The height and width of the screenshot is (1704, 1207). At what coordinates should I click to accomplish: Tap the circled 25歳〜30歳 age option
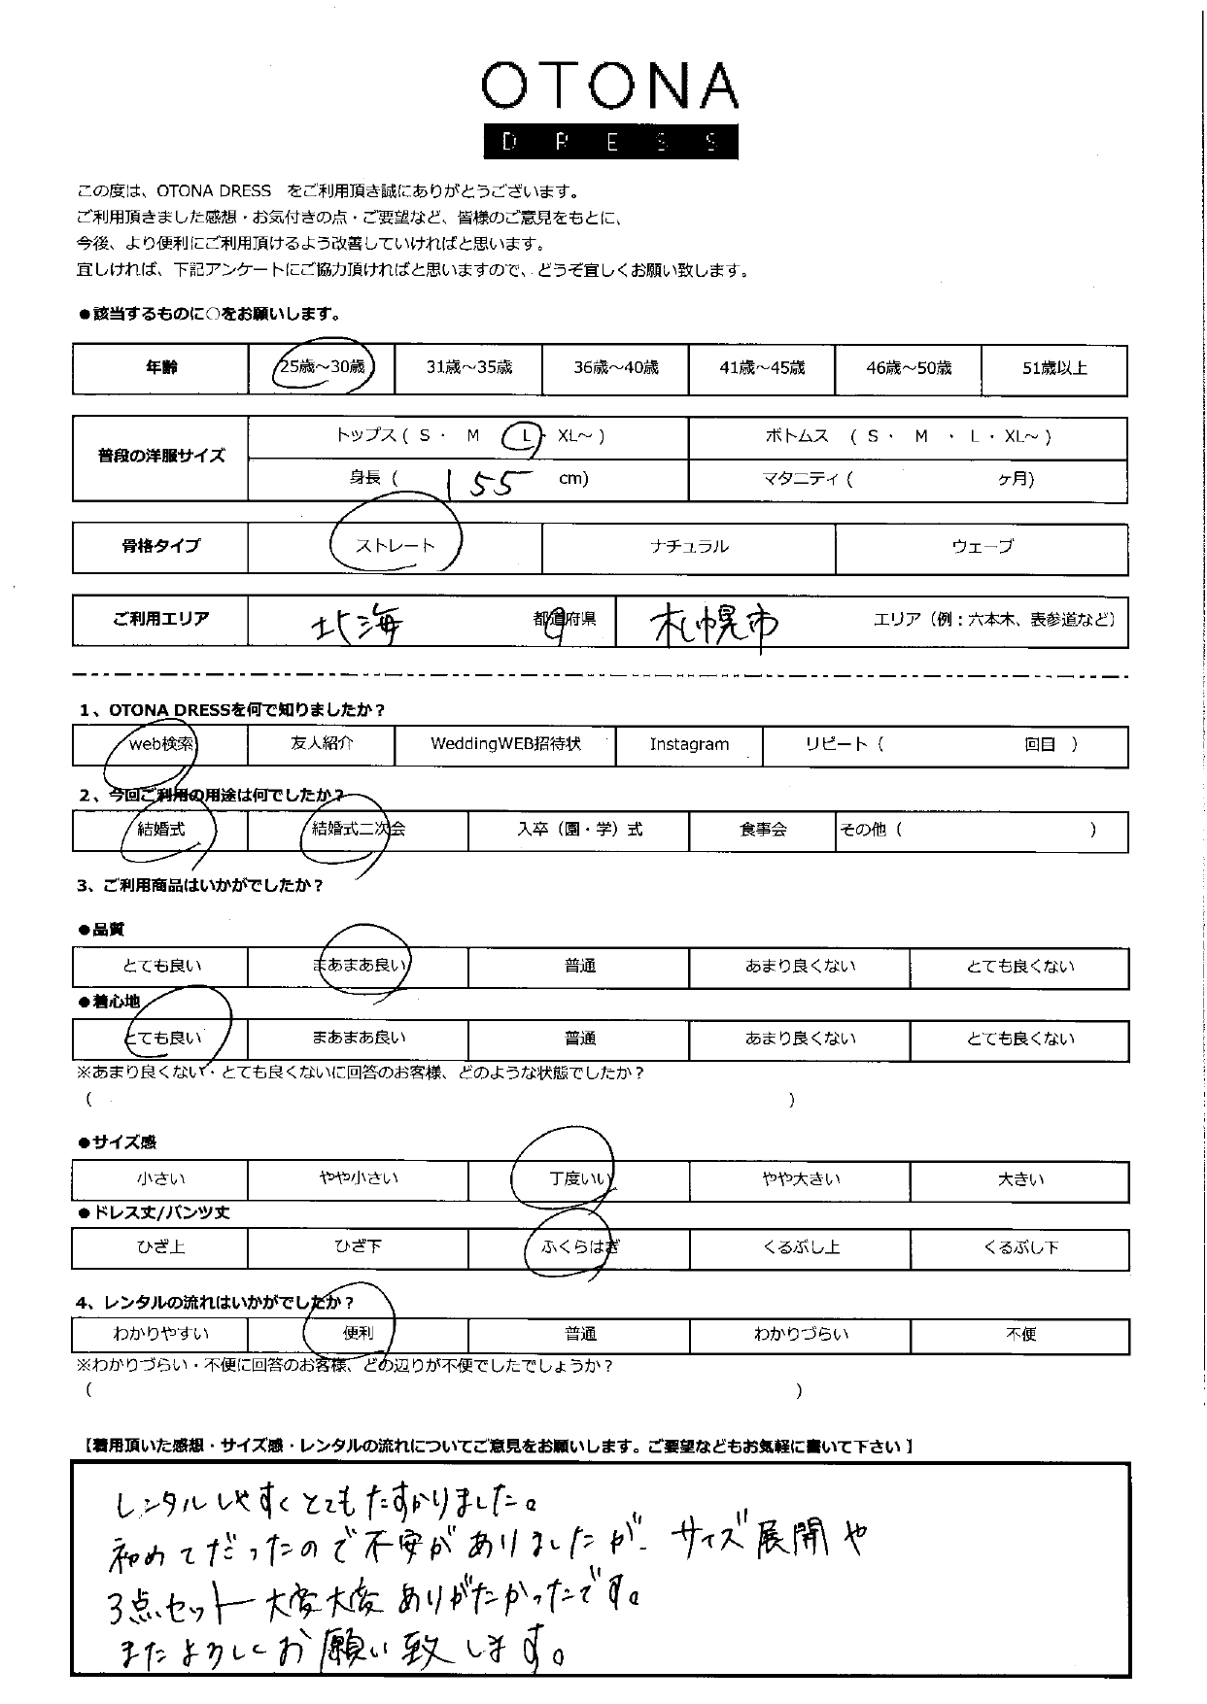pyautogui.click(x=322, y=367)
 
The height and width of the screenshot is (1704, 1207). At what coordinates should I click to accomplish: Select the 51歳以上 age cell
pyautogui.click(x=1054, y=368)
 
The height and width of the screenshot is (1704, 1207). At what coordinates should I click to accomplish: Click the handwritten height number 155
pyautogui.click(x=490, y=482)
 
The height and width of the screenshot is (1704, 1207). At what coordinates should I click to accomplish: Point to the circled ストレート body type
pyautogui.click(x=395, y=546)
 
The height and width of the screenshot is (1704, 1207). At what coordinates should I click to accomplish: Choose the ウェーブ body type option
pyautogui.click(x=982, y=547)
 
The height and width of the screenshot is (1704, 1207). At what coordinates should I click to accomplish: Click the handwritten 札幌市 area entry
pyautogui.click(x=714, y=625)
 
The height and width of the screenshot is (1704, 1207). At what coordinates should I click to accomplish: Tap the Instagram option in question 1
pyautogui.click(x=689, y=745)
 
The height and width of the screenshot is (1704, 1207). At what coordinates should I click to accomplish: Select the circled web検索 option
pyautogui.click(x=161, y=745)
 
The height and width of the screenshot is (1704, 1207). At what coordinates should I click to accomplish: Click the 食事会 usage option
pyautogui.click(x=763, y=831)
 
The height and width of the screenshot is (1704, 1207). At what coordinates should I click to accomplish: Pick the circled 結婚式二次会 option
pyautogui.click(x=358, y=830)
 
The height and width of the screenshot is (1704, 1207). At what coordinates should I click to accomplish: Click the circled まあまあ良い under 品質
pyautogui.click(x=360, y=966)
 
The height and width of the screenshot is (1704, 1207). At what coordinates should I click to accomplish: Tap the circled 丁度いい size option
pyautogui.click(x=579, y=1179)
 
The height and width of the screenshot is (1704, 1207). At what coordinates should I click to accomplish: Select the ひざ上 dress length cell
pyautogui.click(x=160, y=1247)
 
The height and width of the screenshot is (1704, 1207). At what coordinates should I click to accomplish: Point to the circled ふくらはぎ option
pyautogui.click(x=579, y=1247)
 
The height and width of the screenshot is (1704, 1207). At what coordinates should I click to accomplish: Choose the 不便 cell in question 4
pyautogui.click(x=1020, y=1335)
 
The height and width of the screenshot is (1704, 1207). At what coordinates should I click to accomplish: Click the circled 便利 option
pyautogui.click(x=358, y=1334)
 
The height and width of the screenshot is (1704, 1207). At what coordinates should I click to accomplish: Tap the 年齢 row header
pyautogui.click(x=161, y=368)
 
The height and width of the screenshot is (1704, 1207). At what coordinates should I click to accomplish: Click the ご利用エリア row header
pyautogui.click(x=161, y=620)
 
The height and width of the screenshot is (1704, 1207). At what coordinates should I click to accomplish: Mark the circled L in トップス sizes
pyautogui.click(x=526, y=437)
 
